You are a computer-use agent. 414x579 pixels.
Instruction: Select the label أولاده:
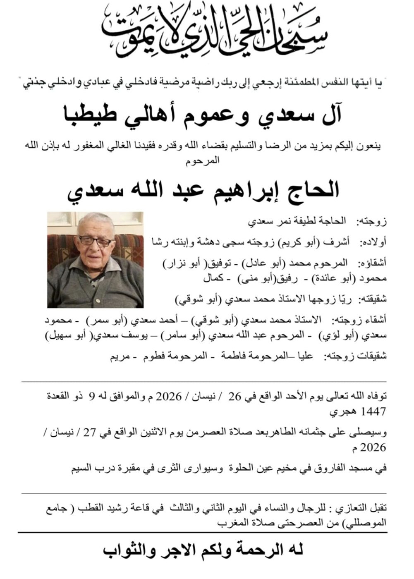[374, 242]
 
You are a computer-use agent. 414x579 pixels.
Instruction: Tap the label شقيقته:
[373, 299]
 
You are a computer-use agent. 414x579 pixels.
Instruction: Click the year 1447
[373, 412]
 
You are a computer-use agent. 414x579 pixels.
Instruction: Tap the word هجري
[343, 412]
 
